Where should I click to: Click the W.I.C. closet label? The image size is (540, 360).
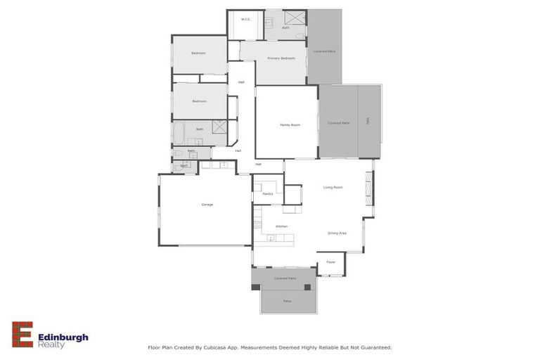[x=245, y=19]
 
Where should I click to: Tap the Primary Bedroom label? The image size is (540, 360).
[x=281, y=58]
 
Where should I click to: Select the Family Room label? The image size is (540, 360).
[x=290, y=125]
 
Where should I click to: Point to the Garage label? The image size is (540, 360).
[x=207, y=205]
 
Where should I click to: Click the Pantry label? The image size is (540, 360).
[x=267, y=193]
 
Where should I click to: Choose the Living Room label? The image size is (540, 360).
[x=333, y=187]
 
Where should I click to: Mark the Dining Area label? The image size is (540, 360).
[x=337, y=233]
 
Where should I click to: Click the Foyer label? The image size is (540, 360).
[x=330, y=262]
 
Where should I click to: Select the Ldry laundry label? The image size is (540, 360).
[x=184, y=167]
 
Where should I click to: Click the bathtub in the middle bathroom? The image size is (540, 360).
[x=179, y=130]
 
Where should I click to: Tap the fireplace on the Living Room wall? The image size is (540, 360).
[x=366, y=188]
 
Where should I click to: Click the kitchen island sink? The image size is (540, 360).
[x=271, y=238]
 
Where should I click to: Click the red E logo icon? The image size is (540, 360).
[x=22, y=335]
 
